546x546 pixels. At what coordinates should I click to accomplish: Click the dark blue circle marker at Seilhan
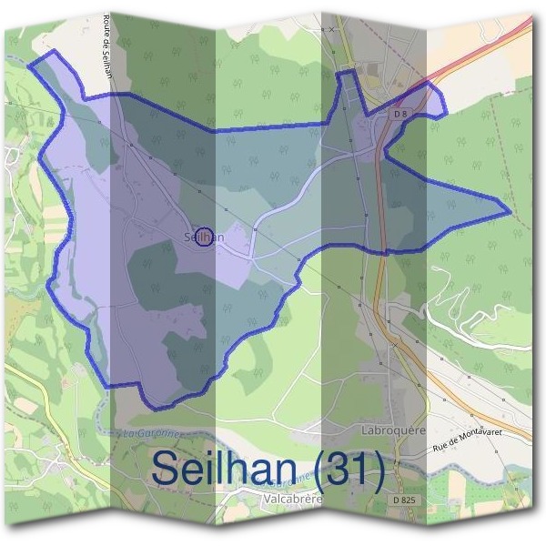click(205, 237)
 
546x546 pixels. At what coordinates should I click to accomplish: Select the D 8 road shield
click(401, 114)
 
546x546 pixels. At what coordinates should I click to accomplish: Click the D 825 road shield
click(405, 500)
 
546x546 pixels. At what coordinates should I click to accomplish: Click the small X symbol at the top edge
click(332, 29)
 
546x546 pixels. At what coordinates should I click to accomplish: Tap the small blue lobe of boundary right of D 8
click(435, 102)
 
